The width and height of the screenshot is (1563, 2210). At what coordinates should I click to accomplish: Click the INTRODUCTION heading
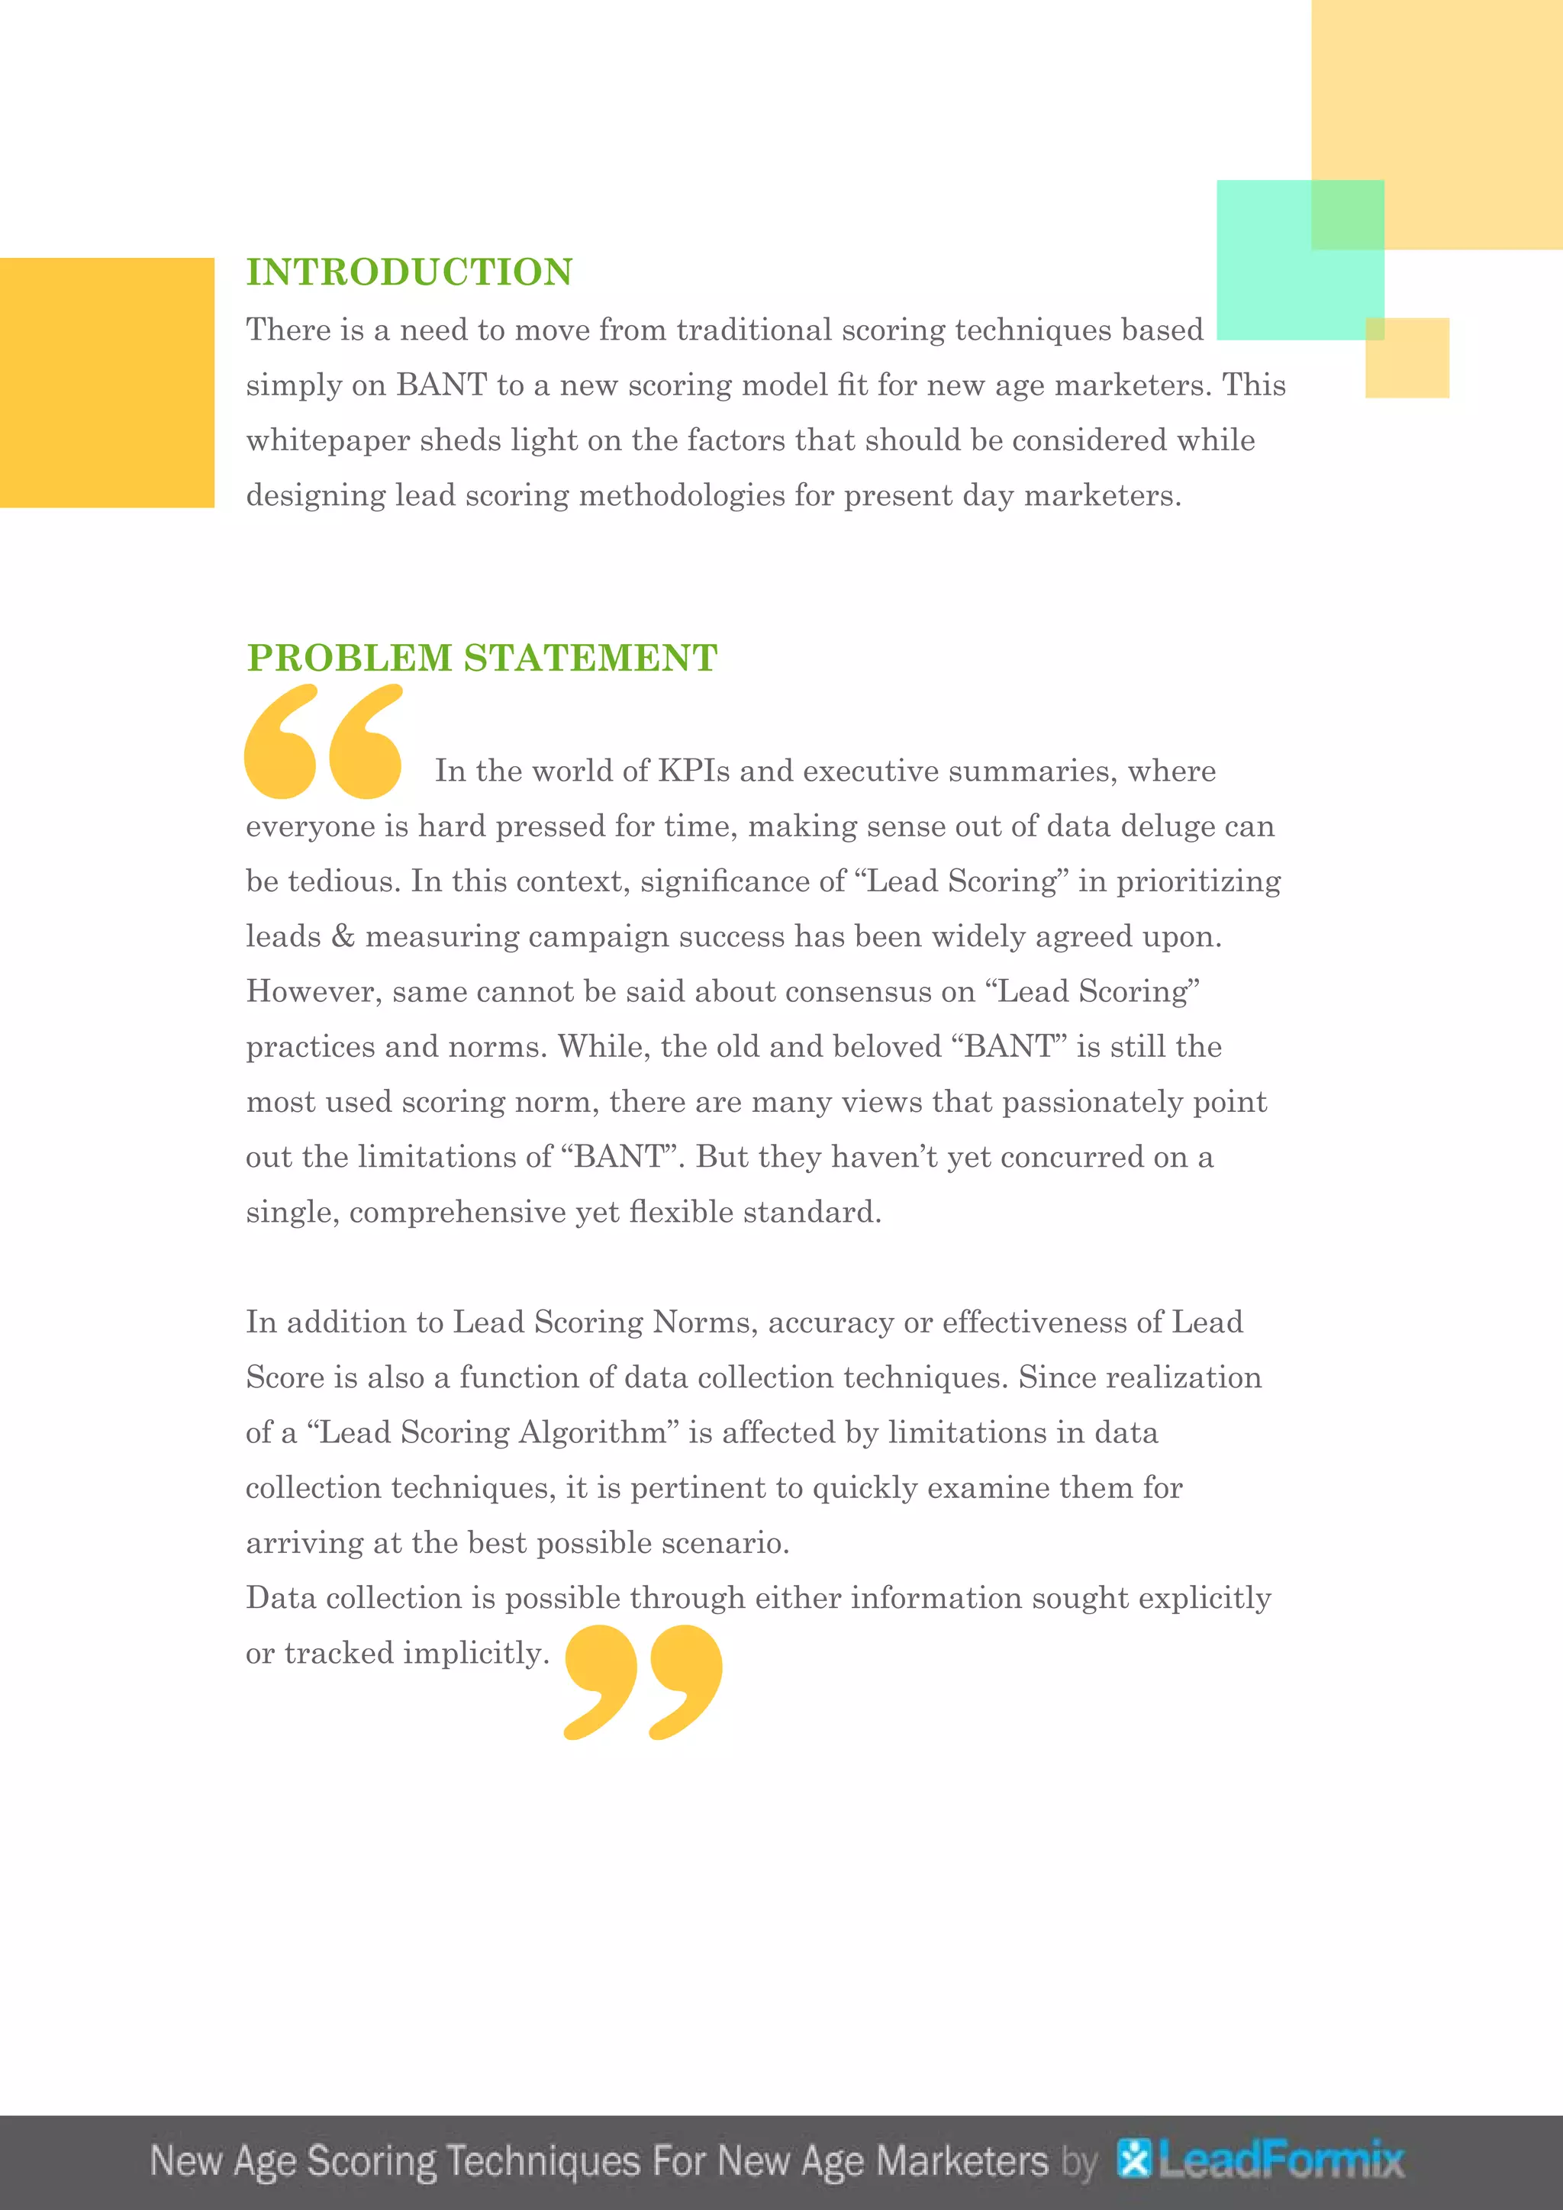409,272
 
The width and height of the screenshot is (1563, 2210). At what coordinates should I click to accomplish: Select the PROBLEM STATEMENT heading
482,659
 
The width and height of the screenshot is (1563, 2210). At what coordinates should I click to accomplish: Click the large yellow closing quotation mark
643,1682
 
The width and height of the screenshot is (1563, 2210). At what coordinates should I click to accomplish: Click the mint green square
1299,260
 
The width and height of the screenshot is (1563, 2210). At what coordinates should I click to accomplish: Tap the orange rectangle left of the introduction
107,382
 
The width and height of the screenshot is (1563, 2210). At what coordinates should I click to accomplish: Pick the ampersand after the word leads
343,936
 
